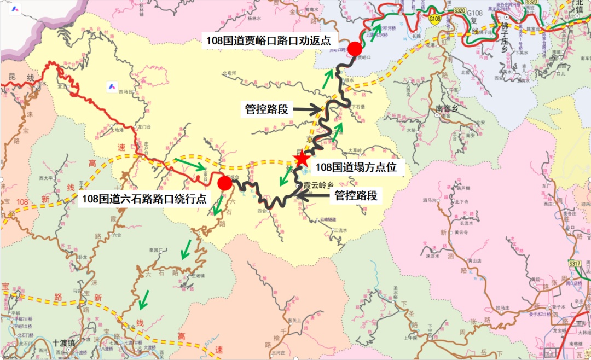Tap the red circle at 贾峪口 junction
pyautogui.click(x=356, y=49)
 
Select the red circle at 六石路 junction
pyautogui.click(x=224, y=183)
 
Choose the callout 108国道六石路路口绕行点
pyautogui.click(x=144, y=199)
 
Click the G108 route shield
pyautogui.click(x=435, y=20)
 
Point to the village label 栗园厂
pyautogui.click(x=157, y=250)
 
